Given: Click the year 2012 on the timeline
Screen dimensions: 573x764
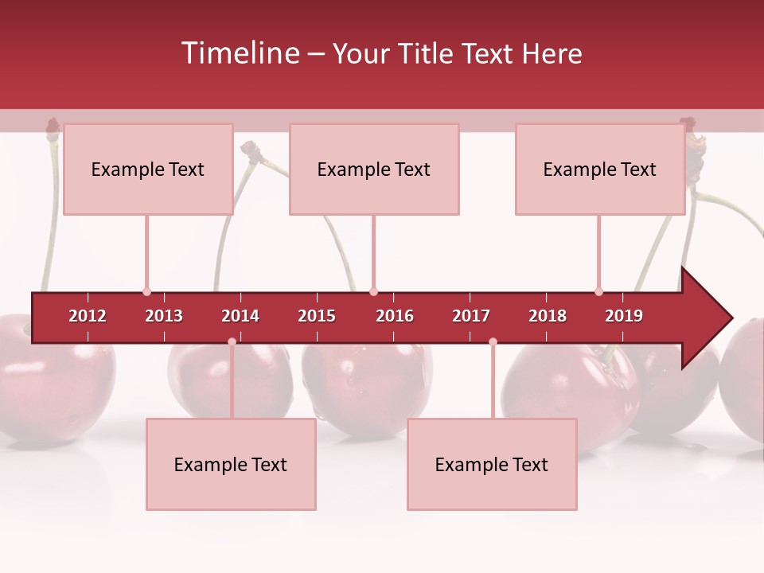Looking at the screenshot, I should coord(88,316).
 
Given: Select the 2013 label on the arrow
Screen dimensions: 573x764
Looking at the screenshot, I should coord(164,316).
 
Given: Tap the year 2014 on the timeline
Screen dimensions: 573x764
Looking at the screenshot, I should coord(240,316).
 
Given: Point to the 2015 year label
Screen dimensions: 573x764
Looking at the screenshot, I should coord(317,316).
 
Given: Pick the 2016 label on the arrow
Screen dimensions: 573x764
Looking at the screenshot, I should coord(395,316).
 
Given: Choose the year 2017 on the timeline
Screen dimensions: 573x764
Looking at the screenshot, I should coord(471,316).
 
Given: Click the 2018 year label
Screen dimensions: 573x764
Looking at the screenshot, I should coord(548,316).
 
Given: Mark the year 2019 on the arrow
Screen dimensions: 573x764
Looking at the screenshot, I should coord(624,316).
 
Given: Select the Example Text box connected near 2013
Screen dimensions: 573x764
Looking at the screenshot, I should coord(148,169).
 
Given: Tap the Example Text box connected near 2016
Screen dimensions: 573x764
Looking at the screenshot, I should coord(374,169).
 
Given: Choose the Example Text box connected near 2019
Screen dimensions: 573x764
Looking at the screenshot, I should coord(600,169).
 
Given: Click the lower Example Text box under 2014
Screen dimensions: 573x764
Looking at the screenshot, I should coord(231,464).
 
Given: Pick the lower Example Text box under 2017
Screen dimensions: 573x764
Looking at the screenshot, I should coord(492,464).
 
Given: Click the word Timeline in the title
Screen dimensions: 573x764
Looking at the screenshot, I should coord(239,53).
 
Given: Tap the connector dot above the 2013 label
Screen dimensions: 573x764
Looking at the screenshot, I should coord(146,292).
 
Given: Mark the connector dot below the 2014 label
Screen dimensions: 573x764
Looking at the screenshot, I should coord(232,341).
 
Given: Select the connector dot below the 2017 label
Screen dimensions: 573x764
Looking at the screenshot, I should coord(493,341).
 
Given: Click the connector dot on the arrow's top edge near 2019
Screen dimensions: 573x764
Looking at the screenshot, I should coord(598,292).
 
